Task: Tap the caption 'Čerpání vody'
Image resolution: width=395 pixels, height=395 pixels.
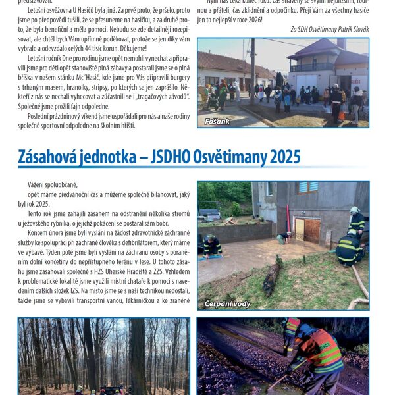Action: pyautogui.click(x=227, y=303)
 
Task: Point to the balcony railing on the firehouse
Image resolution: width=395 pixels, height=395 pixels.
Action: pyautogui.click(x=311, y=67)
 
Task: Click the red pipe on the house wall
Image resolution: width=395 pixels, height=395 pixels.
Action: pyautogui.click(x=288, y=219)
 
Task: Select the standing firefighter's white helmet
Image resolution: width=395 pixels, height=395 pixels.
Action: pyautogui.click(x=354, y=211)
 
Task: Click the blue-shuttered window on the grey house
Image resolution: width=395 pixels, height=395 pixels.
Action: pyautogui.click(x=307, y=187)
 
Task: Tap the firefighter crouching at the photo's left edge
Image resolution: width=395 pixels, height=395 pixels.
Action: pyautogui.click(x=211, y=246)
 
